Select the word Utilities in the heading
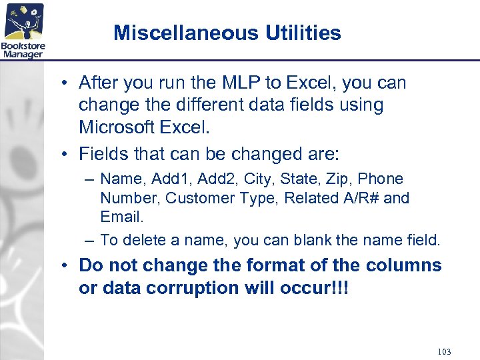303,33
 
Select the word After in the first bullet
99,83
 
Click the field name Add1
170,179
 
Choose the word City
258,179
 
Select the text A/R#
357,198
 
